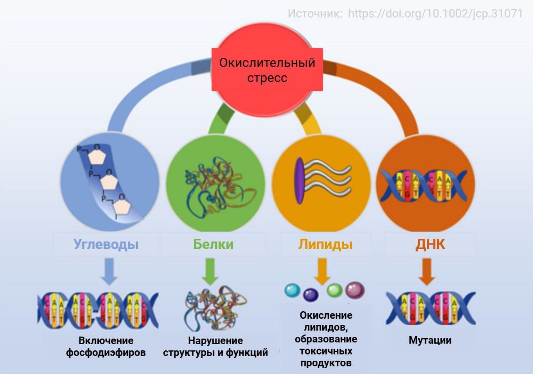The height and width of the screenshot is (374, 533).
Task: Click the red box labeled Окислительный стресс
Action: (x=267, y=70)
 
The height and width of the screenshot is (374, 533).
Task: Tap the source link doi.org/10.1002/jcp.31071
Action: (x=435, y=13)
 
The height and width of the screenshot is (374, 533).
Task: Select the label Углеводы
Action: (x=106, y=244)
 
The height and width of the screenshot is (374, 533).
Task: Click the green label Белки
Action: (x=213, y=244)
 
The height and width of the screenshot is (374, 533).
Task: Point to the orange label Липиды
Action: (x=325, y=244)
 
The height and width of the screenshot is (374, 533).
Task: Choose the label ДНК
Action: (x=430, y=244)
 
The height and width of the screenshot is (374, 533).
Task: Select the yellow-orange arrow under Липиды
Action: (x=322, y=270)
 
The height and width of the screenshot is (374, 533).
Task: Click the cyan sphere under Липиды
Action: (x=292, y=290)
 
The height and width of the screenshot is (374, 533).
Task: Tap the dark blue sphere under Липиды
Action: (x=310, y=295)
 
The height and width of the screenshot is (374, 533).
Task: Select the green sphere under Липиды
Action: (x=334, y=290)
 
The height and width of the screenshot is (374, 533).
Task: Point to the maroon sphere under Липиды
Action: (x=355, y=290)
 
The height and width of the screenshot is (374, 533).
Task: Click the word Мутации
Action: (x=430, y=340)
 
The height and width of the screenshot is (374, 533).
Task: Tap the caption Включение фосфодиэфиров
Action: (x=106, y=347)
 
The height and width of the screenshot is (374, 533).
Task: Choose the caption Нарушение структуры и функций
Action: (x=215, y=347)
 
